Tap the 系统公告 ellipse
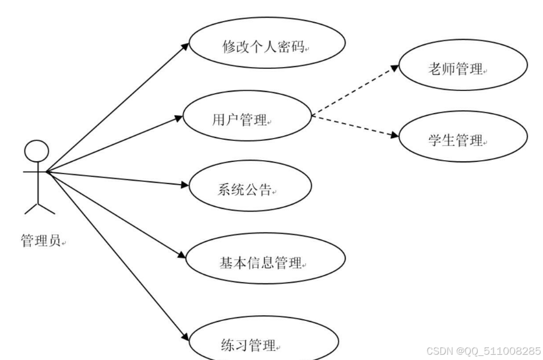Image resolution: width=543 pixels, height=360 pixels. [x=247, y=189]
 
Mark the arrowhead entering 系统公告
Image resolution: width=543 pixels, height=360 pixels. [x=185, y=186]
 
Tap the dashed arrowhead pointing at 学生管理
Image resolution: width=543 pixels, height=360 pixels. [x=394, y=137]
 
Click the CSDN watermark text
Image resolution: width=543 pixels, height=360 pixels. [x=483, y=351]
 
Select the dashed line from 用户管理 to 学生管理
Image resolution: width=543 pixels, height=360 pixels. [x=352, y=126]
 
